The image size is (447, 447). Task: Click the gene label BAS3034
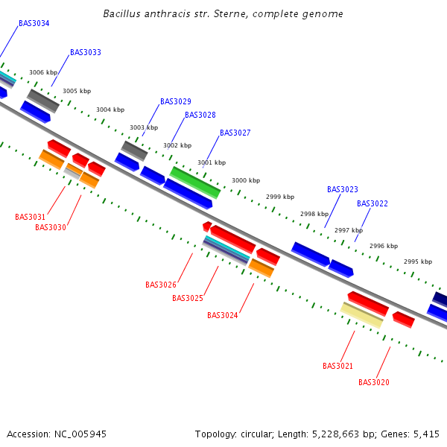[34, 24]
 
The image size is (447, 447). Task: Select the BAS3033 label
[86, 53]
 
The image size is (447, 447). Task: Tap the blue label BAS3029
[176, 101]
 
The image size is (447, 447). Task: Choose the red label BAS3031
[31, 218]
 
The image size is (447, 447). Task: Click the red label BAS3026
[161, 285]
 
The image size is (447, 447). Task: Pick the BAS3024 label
[223, 315]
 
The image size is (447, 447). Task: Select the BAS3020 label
[374, 382]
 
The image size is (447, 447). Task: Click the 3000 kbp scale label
[246, 180]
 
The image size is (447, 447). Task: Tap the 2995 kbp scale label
[418, 261]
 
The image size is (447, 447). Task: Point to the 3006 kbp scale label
[43, 72]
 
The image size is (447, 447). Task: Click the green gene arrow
[195, 183]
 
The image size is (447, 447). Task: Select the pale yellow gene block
[361, 314]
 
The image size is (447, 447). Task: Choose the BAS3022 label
[372, 203]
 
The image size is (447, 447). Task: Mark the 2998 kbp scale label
[314, 214]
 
